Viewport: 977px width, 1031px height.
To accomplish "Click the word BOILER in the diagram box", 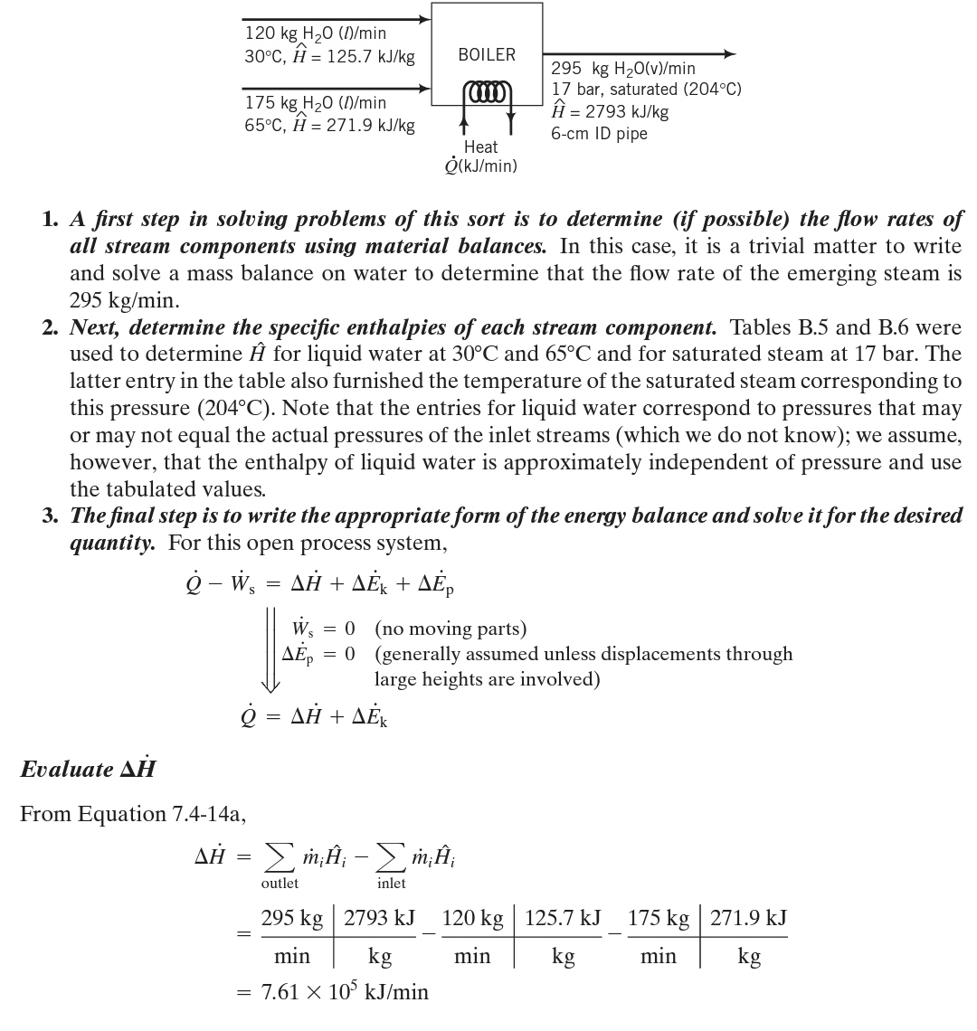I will point(487,54).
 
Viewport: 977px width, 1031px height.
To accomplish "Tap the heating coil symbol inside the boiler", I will point(487,92).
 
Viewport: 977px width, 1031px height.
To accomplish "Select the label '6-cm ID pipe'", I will point(599,135).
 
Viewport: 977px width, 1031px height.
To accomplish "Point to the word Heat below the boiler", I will point(480,147).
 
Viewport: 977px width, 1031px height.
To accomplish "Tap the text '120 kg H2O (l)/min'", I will point(316,33).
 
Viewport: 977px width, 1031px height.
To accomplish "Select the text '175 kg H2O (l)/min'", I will point(316,103).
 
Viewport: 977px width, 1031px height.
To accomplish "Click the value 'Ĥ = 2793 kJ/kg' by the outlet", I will point(610,112).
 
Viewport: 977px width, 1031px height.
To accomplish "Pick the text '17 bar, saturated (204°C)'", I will point(646,90).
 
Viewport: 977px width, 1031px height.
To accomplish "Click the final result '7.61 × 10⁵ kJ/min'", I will point(345,992).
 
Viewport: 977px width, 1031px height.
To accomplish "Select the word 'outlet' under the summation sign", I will point(280,883).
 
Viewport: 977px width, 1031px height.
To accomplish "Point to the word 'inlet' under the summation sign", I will point(391,883).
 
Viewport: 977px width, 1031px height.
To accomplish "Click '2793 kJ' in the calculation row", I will point(379,919).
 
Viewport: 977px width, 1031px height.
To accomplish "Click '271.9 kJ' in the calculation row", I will point(748,919).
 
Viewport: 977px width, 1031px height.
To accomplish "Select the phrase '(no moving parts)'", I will point(451,628).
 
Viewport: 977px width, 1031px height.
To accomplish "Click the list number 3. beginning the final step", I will point(51,516).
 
